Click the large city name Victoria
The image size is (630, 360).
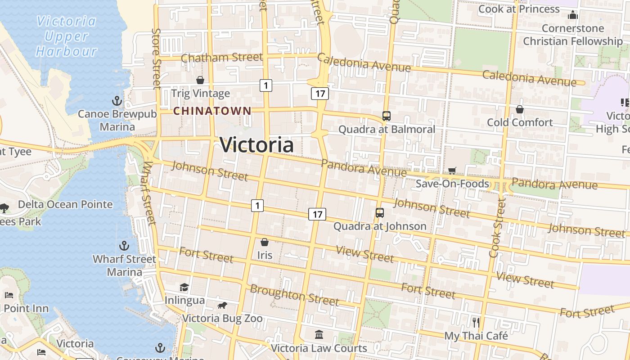[x=257, y=145]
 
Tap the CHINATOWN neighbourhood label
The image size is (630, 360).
[x=212, y=111]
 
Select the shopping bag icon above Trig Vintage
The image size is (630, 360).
[x=200, y=80]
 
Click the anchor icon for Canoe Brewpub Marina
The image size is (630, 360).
[x=117, y=100]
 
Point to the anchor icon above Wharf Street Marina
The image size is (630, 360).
[x=124, y=246]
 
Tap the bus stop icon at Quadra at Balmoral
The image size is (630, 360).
[x=386, y=116]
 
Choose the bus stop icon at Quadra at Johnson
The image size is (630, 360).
[x=380, y=213]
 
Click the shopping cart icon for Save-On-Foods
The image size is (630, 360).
[x=452, y=171]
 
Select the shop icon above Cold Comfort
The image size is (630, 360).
[x=520, y=109]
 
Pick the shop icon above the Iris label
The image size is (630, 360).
[x=265, y=242]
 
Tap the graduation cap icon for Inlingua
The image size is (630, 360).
[x=184, y=287]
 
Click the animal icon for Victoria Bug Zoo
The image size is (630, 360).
[x=222, y=306]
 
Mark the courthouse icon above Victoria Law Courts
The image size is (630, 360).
[x=319, y=335]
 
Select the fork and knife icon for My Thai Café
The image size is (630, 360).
[x=476, y=322]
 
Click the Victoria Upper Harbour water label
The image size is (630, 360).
[x=67, y=36]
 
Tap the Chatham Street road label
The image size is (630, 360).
[x=222, y=57]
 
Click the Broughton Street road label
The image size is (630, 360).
[x=294, y=294]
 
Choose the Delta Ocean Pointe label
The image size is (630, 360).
[x=65, y=204]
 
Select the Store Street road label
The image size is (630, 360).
[x=157, y=58]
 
